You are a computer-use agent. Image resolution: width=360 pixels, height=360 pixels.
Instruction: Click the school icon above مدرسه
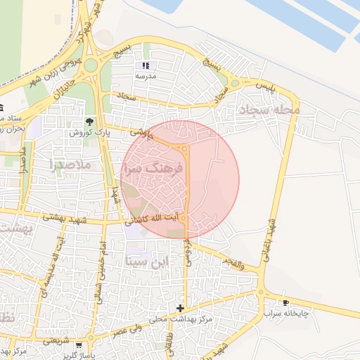point(146,66)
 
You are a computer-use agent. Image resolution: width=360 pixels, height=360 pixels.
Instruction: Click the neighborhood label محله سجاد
point(269,110)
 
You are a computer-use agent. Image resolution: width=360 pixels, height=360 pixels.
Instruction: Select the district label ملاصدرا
point(72,165)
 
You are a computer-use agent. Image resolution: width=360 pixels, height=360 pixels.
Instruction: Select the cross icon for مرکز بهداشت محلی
point(181,308)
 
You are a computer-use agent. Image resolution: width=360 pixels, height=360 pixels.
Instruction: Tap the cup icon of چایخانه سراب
point(285,302)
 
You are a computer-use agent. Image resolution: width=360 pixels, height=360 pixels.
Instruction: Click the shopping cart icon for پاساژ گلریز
point(78,345)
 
